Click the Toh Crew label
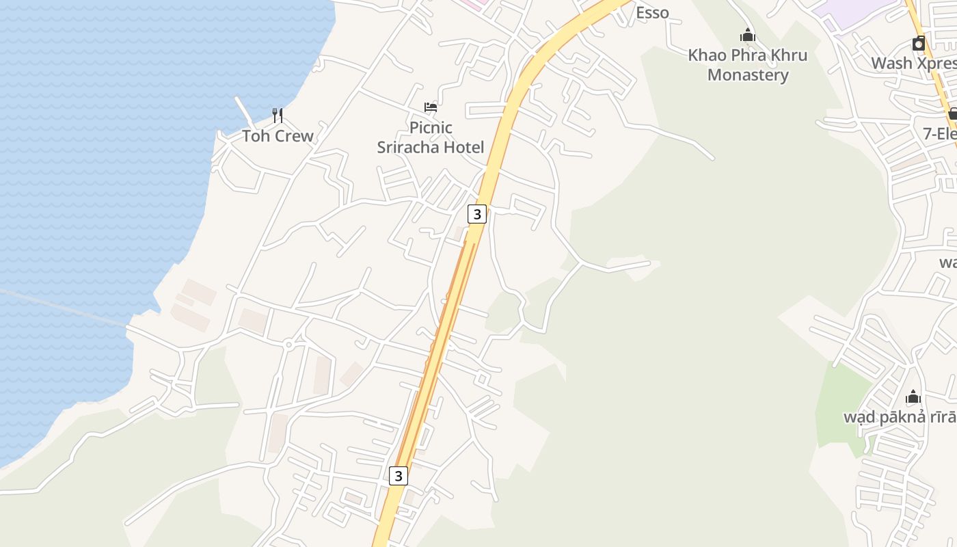click(278, 136)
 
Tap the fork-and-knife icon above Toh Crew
click(278, 115)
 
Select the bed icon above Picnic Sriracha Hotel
click(431, 107)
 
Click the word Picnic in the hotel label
click(431, 127)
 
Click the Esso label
click(652, 12)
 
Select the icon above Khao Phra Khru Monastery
click(748, 35)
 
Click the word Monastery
click(748, 75)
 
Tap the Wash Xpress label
click(913, 64)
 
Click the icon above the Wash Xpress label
click(919, 44)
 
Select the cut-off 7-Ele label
click(939, 134)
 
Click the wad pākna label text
click(899, 417)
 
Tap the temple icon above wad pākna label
click(913, 397)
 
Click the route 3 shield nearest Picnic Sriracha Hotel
click(477, 214)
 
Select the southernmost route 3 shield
click(399, 475)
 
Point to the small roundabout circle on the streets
click(288, 345)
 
